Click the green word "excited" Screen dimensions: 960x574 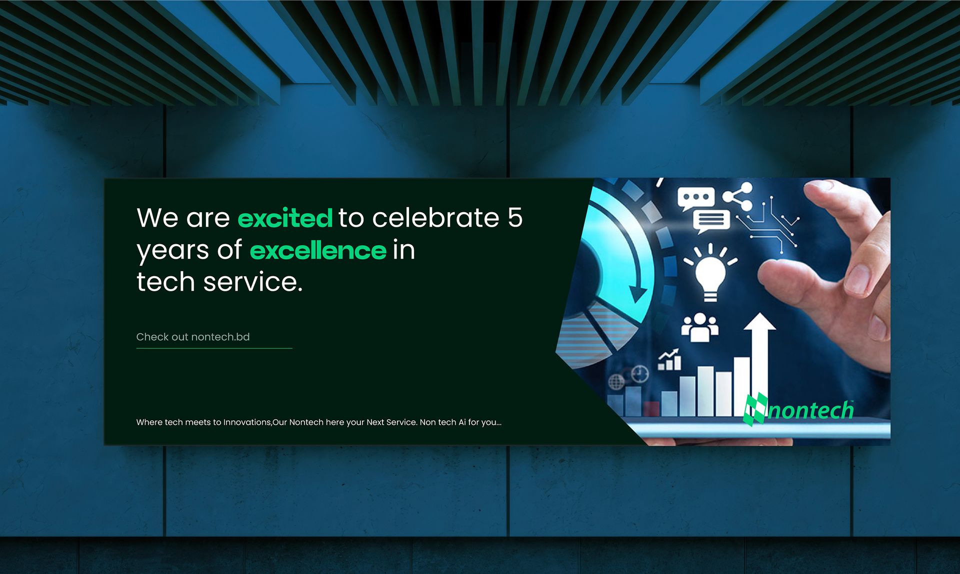point(285,218)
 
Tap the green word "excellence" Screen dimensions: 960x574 point(318,250)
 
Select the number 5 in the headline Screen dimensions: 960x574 point(515,218)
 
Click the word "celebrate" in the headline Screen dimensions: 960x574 point(435,218)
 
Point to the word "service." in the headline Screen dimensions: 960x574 point(253,282)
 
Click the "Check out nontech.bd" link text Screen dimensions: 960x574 point(193,337)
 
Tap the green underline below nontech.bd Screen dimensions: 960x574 point(214,348)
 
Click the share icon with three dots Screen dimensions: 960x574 point(738,196)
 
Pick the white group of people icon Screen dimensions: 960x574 point(699,328)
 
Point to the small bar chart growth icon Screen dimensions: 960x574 point(669,359)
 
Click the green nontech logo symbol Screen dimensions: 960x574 point(755,409)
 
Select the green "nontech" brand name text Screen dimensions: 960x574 point(810,410)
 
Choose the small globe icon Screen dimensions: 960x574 point(616,382)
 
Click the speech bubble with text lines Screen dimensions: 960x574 point(711,221)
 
